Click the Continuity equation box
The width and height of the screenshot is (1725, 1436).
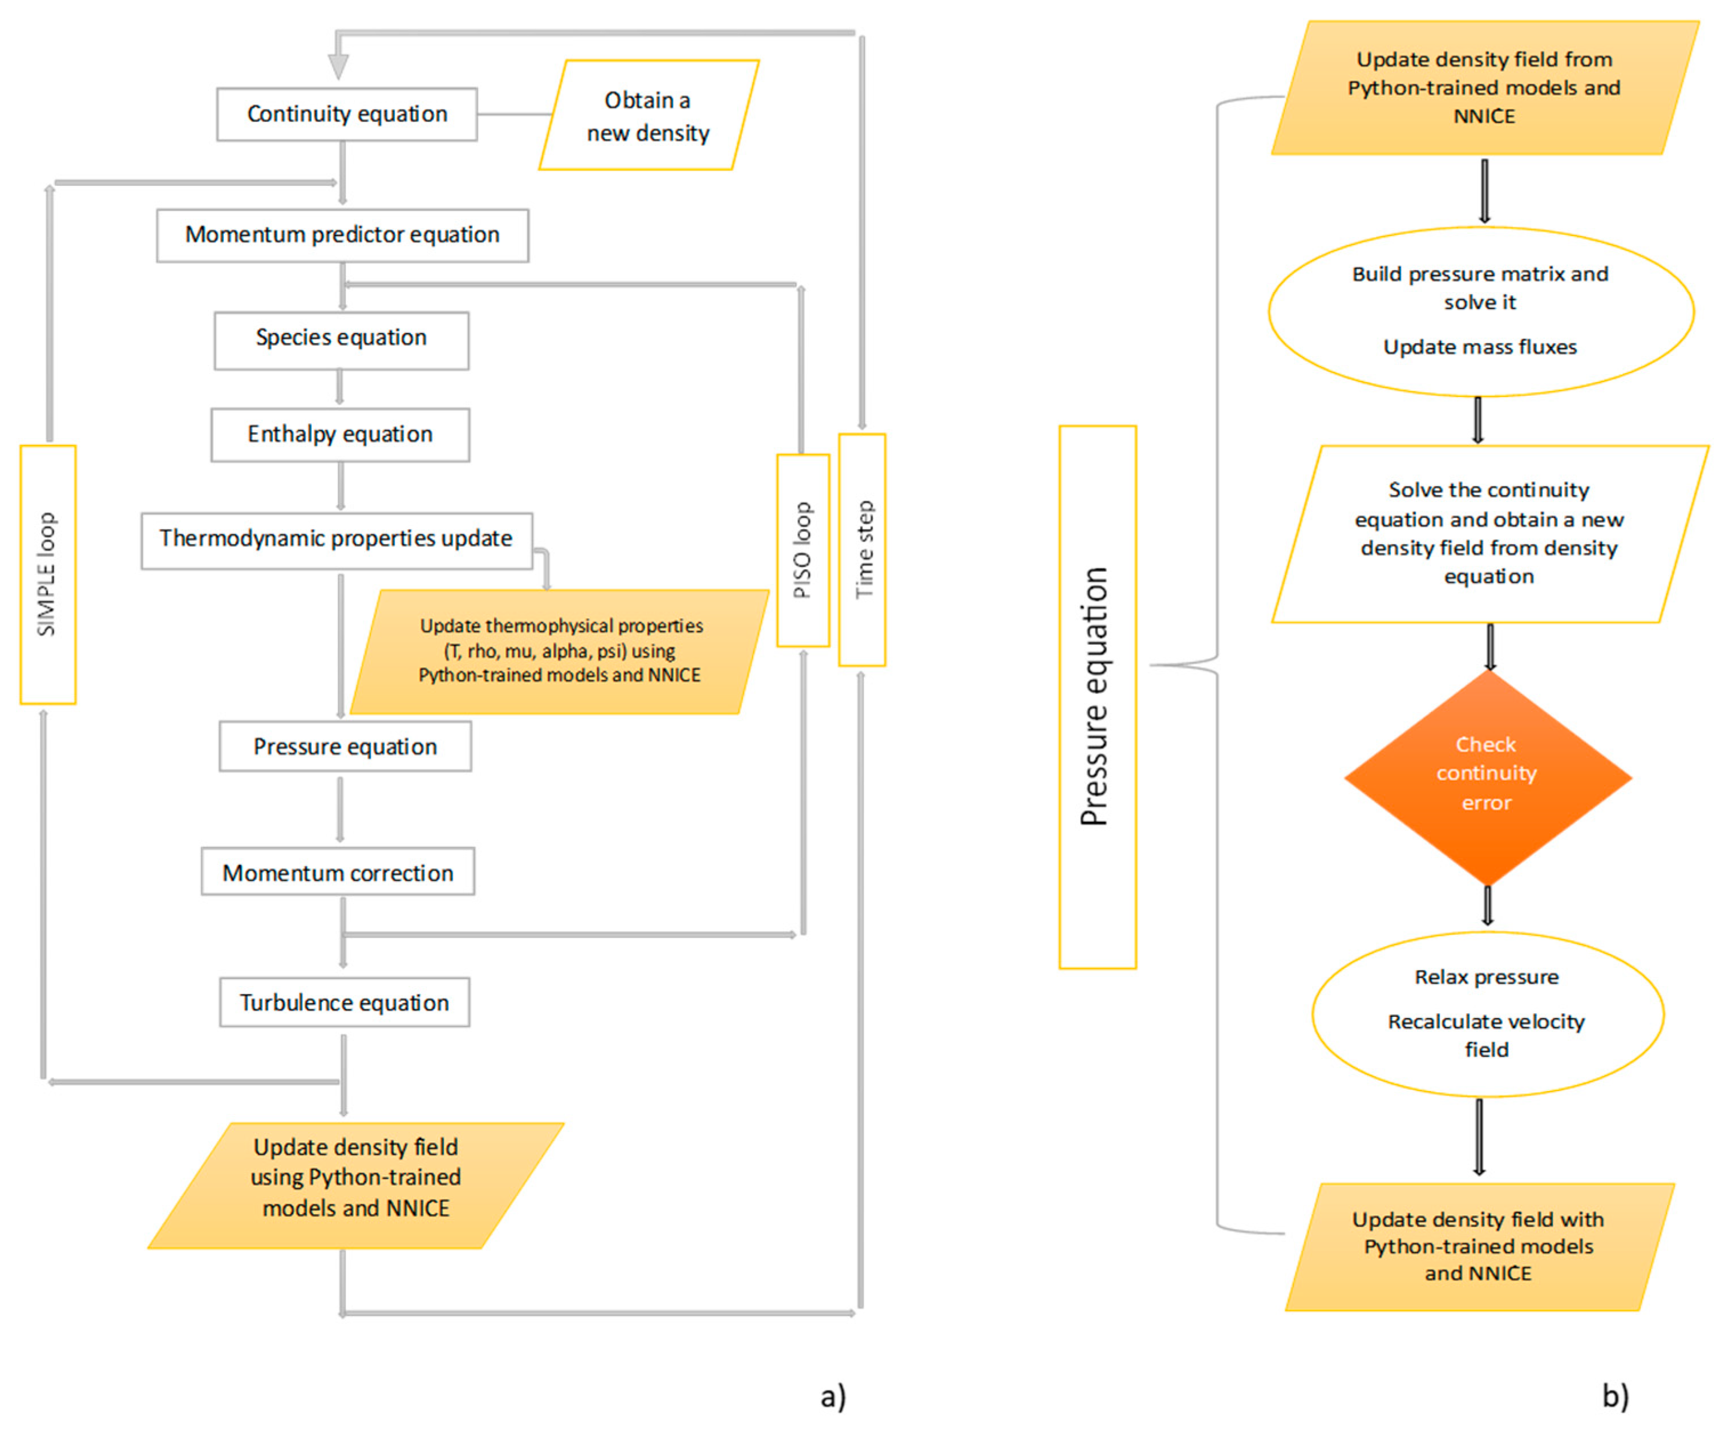pyautogui.click(x=347, y=114)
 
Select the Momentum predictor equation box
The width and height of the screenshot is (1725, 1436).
pyautogui.click(x=342, y=236)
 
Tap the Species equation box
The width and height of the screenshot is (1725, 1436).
pyautogui.click(x=342, y=340)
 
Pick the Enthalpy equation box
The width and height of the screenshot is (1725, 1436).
pyautogui.click(x=340, y=435)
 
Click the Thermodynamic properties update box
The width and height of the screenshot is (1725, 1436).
pyautogui.click(x=337, y=541)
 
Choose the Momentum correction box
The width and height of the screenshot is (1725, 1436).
pyautogui.click(x=338, y=871)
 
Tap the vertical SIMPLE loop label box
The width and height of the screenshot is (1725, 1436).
pyautogui.click(x=48, y=575)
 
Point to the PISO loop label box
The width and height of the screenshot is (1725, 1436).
pyautogui.click(x=803, y=550)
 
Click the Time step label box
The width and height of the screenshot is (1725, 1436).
pyautogui.click(x=862, y=550)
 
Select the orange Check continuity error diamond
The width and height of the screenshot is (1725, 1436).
pyautogui.click(x=1488, y=777)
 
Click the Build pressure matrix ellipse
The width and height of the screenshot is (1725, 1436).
pyautogui.click(x=1480, y=311)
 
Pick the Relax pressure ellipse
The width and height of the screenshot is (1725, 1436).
pyautogui.click(x=1488, y=1014)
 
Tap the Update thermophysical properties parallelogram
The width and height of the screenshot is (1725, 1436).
pyautogui.click(x=560, y=652)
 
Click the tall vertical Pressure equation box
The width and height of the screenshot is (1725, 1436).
pyautogui.click(x=1098, y=697)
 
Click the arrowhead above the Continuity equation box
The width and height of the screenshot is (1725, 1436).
pyautogui.click(x=338, y=67)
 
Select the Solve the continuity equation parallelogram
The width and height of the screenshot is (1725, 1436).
pyautogui.click(x=1490, y=534)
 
